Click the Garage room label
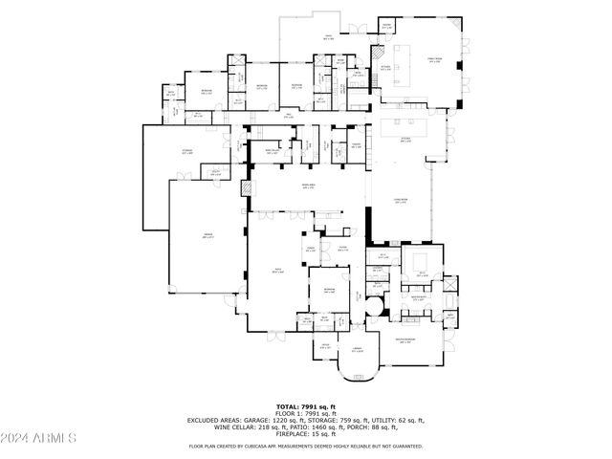pyautogui.click(x=207, y=236)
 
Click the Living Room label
pyautogui.click(x=401, y=200)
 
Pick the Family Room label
pyautogui.click(x=432, y=60)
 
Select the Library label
pyautogui.click(x=357, y=350)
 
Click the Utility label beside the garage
pyautogui.click(x=216, y=173)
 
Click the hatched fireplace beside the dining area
pyautogui.click(x=246, y=189)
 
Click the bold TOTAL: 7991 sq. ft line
pyautogui.click(x=305, y=406)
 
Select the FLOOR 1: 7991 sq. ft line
pyautogui.click(x=305, y=413)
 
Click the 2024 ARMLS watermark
pyautogui.click(x=39, y=438)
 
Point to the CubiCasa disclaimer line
pyautogui.click(x=305, y=446)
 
